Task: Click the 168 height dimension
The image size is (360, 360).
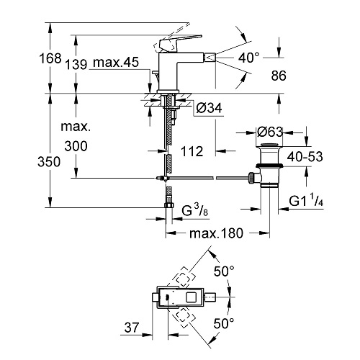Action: [50, 58]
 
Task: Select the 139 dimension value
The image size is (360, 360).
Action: [76, 64]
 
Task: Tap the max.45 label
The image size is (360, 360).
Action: [116, 62]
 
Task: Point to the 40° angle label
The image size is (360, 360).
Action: [249, 58]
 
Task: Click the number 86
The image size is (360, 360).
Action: [279, 76]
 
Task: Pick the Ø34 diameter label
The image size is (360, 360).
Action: [209, 108]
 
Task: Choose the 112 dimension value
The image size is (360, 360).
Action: [192, 151]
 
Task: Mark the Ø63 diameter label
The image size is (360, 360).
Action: [270, 132]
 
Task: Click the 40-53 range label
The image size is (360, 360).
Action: [305, 157]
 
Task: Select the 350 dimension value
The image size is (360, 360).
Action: [49, 162]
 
